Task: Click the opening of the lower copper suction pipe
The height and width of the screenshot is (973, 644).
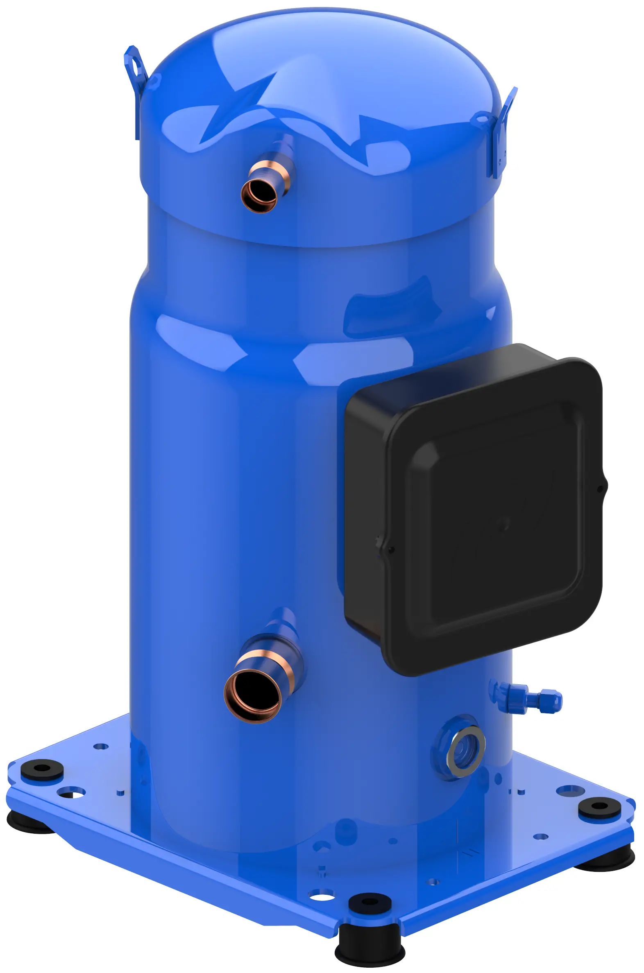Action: [x=252, y=695]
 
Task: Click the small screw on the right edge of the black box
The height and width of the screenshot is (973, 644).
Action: [x=600, y=489]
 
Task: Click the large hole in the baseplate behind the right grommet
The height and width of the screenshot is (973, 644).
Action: [x=570, y=790]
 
